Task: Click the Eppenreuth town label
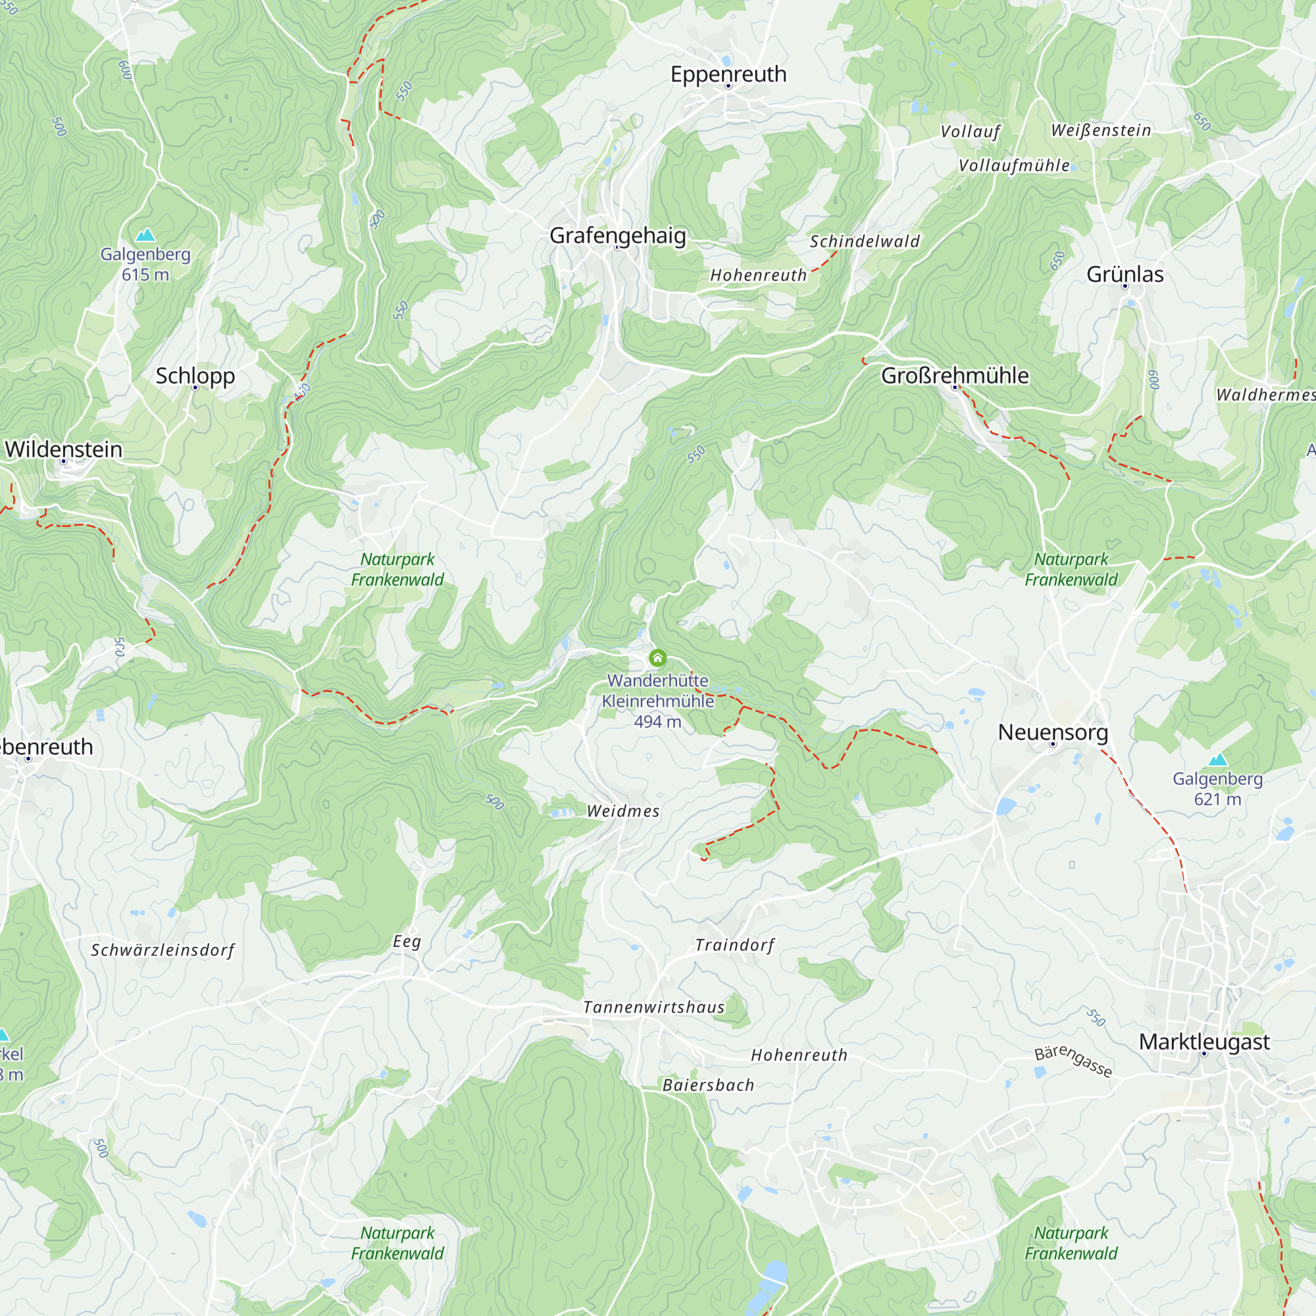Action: pyautogui.click(x=728, y=74)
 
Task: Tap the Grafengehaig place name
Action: pyautogui.click(x=617, y=236)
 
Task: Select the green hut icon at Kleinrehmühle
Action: pyautogui.click(x=657, y=658)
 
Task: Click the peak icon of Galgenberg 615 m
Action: pyautogui.click(x=145, y=236)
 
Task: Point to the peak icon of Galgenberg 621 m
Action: pyautogui.click(x=1217, y=759)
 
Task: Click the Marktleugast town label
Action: pyautogui.click(x=1204, y=1042)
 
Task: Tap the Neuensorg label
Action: pyautogui.click(x=1052, y=732)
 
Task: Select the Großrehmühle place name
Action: pyautogui.click(x=954, y=376)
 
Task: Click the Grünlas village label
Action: pyautogui.click(x=1125, y=274)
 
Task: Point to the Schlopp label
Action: pyautogui.click(x=195, y=376)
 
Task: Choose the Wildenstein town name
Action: pyautogui.click(x=63, y=449)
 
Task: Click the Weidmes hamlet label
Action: pyautogui.click(x=623, y=811)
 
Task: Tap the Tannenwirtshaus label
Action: pyautogui.click(x=654, y=1007)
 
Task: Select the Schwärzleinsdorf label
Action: pyautogui.click(x=163, y=950)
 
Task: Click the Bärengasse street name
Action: pyautogui.click(x=1073, y=1061)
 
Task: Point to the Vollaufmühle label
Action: pyautogui.click(x=1013, y=166)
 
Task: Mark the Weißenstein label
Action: pyautogui.click(x=1101, y=130)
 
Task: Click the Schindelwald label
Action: pyautogui.click(x=865, y=241)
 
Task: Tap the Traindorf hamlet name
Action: pyautogui.click(x=735, y=945)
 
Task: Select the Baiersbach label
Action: pyautogui.click(x=709, y=1085)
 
